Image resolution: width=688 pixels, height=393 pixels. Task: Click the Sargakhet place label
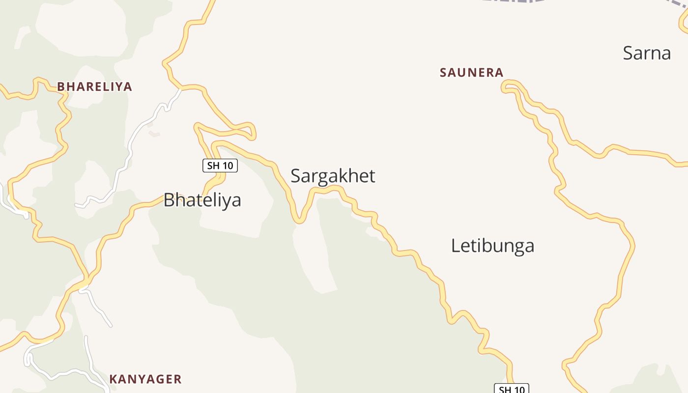333,176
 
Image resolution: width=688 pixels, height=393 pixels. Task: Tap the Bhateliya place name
202,200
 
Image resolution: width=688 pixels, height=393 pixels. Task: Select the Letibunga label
492,246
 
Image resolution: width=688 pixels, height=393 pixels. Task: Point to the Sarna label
647,53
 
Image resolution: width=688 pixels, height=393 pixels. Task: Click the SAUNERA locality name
472,73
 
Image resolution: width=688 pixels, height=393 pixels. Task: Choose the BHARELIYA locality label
95,87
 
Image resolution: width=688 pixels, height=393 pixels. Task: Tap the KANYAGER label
145,379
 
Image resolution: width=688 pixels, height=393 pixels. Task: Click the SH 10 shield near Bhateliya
220,166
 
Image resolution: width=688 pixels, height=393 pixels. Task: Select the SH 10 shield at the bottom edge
512,389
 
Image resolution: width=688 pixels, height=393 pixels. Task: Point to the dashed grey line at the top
511,1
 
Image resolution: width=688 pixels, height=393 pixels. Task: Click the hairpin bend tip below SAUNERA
504,88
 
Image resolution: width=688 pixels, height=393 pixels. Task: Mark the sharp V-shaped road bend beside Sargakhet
299,221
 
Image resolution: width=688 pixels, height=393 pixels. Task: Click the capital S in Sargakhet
296,176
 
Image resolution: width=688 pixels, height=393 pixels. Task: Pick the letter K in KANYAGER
113,379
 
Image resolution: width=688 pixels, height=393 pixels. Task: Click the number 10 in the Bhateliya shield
227,166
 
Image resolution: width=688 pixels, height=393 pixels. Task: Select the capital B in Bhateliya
169,200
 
